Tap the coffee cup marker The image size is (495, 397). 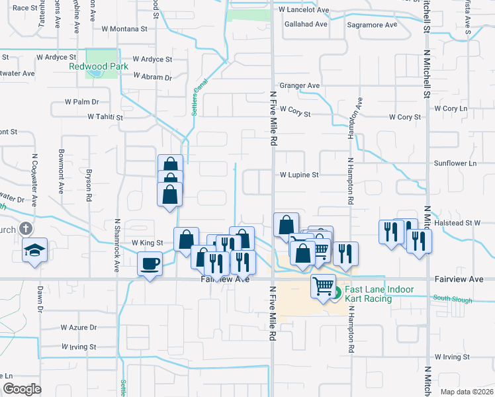tap(150, 264)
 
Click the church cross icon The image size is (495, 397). tap(26, 229)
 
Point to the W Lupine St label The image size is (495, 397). tap(299, 175)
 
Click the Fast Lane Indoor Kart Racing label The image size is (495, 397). tap(379, 294)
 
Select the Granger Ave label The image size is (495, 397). tap(300, 85)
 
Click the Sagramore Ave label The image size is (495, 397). tap(373, 24)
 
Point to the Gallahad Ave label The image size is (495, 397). tap(306, 24)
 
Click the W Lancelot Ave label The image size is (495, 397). tap(304, 10)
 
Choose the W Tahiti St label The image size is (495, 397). tap(106, 116)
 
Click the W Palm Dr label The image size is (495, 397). tap(81, 102)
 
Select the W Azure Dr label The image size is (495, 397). tap(79, 327)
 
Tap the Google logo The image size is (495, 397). tap(22, 389)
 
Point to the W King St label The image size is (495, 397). tap(147, 243)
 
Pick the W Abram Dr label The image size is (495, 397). tap(152, 77)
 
